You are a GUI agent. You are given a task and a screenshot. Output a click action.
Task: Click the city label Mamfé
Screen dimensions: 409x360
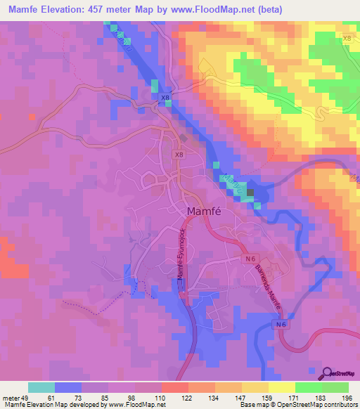205,211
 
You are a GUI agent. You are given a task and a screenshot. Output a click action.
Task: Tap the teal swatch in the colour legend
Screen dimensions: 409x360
41,387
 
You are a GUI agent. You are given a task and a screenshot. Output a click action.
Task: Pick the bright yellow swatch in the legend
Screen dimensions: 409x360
281,387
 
